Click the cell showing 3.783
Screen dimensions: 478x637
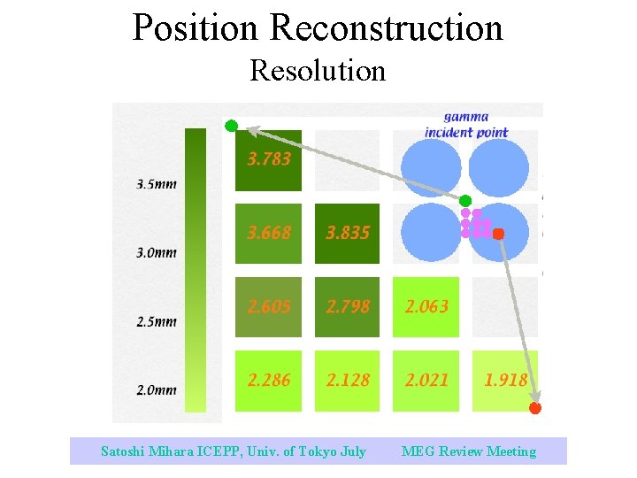(x=268, y=160)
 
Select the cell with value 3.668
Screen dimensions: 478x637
(x=268, y=234)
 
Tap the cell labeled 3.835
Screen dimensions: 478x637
(x=347, y=234)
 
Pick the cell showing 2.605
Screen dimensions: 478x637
(x=268, y=307)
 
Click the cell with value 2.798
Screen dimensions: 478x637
(x=347, y=307)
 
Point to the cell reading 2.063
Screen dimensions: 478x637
(x=426, y=307)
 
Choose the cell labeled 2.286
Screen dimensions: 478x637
(x=268, y=381)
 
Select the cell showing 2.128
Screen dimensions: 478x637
(x=347, y=381)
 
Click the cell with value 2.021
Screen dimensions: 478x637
(x=426, y=381)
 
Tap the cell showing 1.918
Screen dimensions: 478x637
(x=504, y=381)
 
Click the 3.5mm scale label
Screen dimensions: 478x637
(x=157, y=185)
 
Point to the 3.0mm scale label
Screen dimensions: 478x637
(x=157, y=253)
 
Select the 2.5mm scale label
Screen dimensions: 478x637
(x=157, y=322)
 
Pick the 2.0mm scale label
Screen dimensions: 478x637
(x=157, y=390)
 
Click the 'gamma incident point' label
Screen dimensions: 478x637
(x=466, y=125)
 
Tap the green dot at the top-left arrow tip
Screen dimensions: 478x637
(x=231, y=126)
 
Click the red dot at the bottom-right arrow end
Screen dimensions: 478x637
(x=534, y=408)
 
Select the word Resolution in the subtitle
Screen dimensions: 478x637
(x=318, y=70)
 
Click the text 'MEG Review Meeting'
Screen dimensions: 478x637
(x=469, y=451)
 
